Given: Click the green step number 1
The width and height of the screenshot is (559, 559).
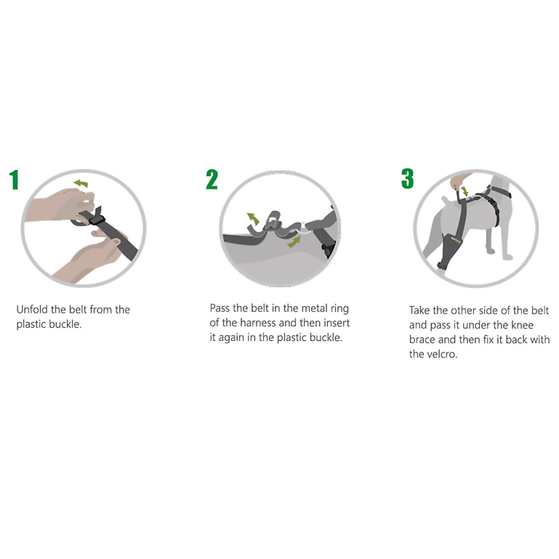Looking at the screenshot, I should pyautogui.click(x=14, y=180).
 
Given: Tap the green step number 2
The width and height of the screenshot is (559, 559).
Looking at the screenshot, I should pyautogui.click(x=211, y=180).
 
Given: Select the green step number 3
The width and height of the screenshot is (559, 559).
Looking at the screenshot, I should pyautogui.click(x=407, y=179).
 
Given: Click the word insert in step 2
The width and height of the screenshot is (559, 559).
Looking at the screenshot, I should pyautogui.click(x=335, y=323).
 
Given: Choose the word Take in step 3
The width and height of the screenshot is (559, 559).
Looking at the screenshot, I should pyautogui.click(x=420, y=311).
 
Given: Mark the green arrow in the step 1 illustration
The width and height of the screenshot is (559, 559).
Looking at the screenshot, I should pyautogui.click(x=82, y=184).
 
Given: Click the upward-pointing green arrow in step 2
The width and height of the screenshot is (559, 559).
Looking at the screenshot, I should pyautogui.click(x=253, y=218).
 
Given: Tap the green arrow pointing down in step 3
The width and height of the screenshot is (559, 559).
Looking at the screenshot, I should pyautogui.click(x=464, y=191).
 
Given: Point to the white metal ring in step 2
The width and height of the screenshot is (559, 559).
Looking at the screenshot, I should pyautogui.click(x=304, y=227).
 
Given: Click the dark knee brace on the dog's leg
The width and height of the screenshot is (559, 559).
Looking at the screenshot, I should pyautogui.click(x=450, y=249).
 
